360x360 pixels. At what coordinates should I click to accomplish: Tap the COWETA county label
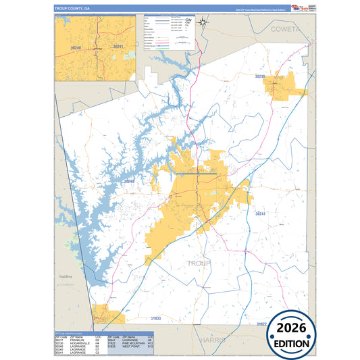[286, 31]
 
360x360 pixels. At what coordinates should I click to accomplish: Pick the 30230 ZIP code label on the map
[261, 77]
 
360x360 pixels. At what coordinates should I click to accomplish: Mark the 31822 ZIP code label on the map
[261, 325]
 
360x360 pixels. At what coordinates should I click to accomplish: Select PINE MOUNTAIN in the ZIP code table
[137, 344]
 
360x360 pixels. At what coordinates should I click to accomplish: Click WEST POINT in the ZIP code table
[134, 347]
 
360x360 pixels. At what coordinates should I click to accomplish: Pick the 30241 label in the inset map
[118, 47]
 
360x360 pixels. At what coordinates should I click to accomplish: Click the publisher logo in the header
[294, 8]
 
